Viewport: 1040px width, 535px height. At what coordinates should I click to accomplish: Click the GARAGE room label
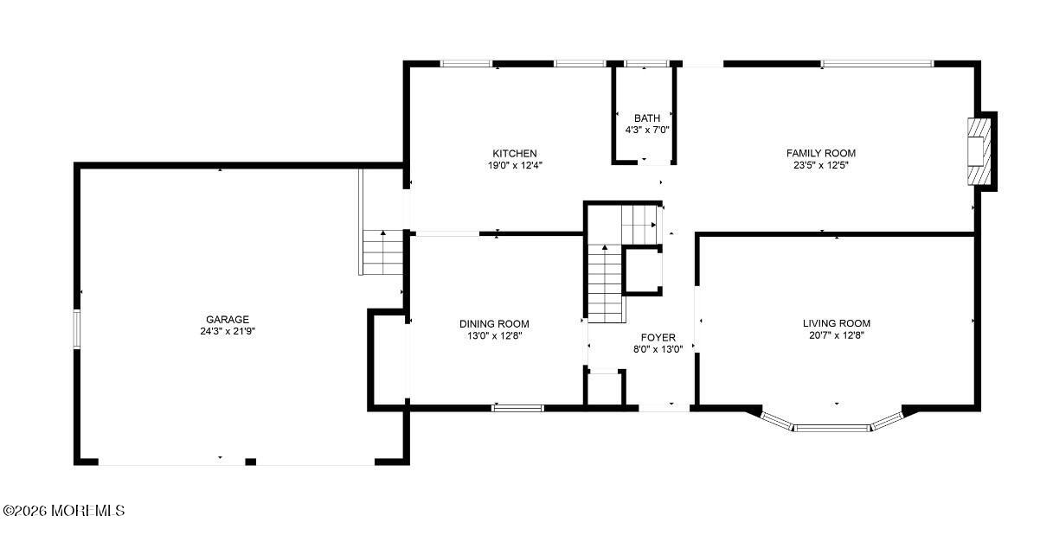click(x=228, y=320)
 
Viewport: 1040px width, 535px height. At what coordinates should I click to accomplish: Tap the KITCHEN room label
click(x=515, y=154)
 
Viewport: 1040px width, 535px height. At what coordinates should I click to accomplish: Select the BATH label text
click(x=646, y=118)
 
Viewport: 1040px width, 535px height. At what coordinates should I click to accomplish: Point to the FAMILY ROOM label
click(x=821, y=154)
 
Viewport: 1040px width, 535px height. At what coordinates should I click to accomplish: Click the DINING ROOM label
click(x=494, y=324)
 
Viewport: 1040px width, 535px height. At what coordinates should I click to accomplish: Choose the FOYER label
click(x=658, y=337)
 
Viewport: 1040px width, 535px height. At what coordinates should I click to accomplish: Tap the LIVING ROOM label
click(x=836, y=323)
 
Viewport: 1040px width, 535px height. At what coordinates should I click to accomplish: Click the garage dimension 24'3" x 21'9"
click(x=228, y=332)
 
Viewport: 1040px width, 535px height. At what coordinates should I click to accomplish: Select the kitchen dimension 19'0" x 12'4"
click(x=515, y=165)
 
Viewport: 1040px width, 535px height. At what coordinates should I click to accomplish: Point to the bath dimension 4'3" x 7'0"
click(x=646, y=131)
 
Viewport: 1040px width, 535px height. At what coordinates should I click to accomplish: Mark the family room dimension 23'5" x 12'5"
click(x=821, y=165)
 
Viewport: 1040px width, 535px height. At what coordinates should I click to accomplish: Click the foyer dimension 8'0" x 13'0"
click(x=658, y=349)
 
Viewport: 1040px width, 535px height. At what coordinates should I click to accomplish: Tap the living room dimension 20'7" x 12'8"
click(x=836, y=335)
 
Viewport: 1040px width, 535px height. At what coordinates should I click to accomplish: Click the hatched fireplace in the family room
click(x=979, y=151)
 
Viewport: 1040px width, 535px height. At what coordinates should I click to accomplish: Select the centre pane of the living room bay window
click(x=831, y=428)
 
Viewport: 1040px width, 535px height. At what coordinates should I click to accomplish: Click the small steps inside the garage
click(x=382, y=252)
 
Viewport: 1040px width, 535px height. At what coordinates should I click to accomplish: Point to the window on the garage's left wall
click(x=77, y=328)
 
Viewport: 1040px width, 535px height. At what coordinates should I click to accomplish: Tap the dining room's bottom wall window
click(x=517, y=408)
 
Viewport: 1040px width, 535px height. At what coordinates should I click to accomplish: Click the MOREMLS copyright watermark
click(x=64, y=511)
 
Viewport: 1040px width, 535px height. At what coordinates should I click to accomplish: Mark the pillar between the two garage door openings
click(x=251, y=462)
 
